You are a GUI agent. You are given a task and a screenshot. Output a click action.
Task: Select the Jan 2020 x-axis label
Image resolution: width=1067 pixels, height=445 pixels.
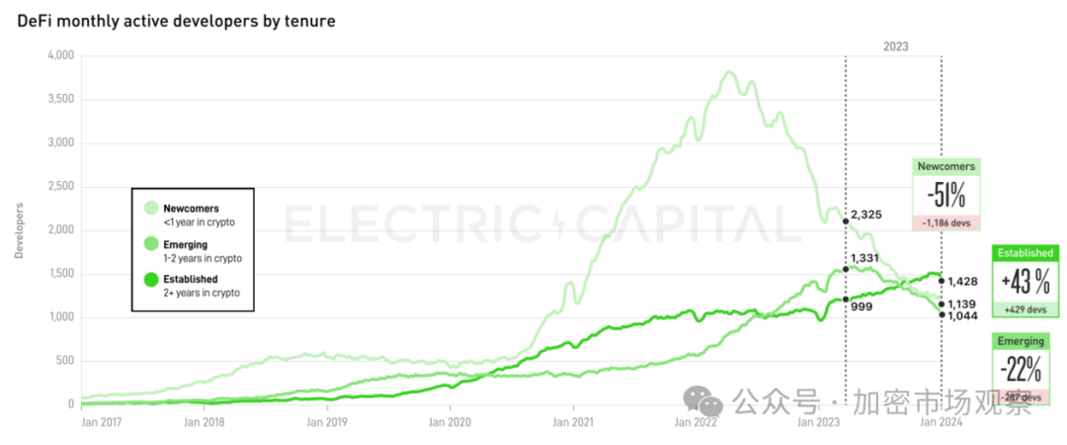pos(451,422)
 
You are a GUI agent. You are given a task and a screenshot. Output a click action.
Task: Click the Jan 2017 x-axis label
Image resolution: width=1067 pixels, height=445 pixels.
pos(100,422)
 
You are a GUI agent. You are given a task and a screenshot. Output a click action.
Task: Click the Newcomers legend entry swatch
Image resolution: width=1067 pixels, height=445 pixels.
pos(150,208)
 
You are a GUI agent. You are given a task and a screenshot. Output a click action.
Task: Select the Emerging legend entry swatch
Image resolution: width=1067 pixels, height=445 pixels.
pos(150,243)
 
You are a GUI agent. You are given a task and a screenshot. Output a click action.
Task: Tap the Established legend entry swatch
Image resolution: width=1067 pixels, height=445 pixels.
pos(150,279)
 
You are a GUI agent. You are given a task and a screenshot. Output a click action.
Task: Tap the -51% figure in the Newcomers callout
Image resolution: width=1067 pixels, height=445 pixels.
pos(946,193)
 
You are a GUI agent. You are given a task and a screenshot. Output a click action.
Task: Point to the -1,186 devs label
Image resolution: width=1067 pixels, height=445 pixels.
pos(946,222)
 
